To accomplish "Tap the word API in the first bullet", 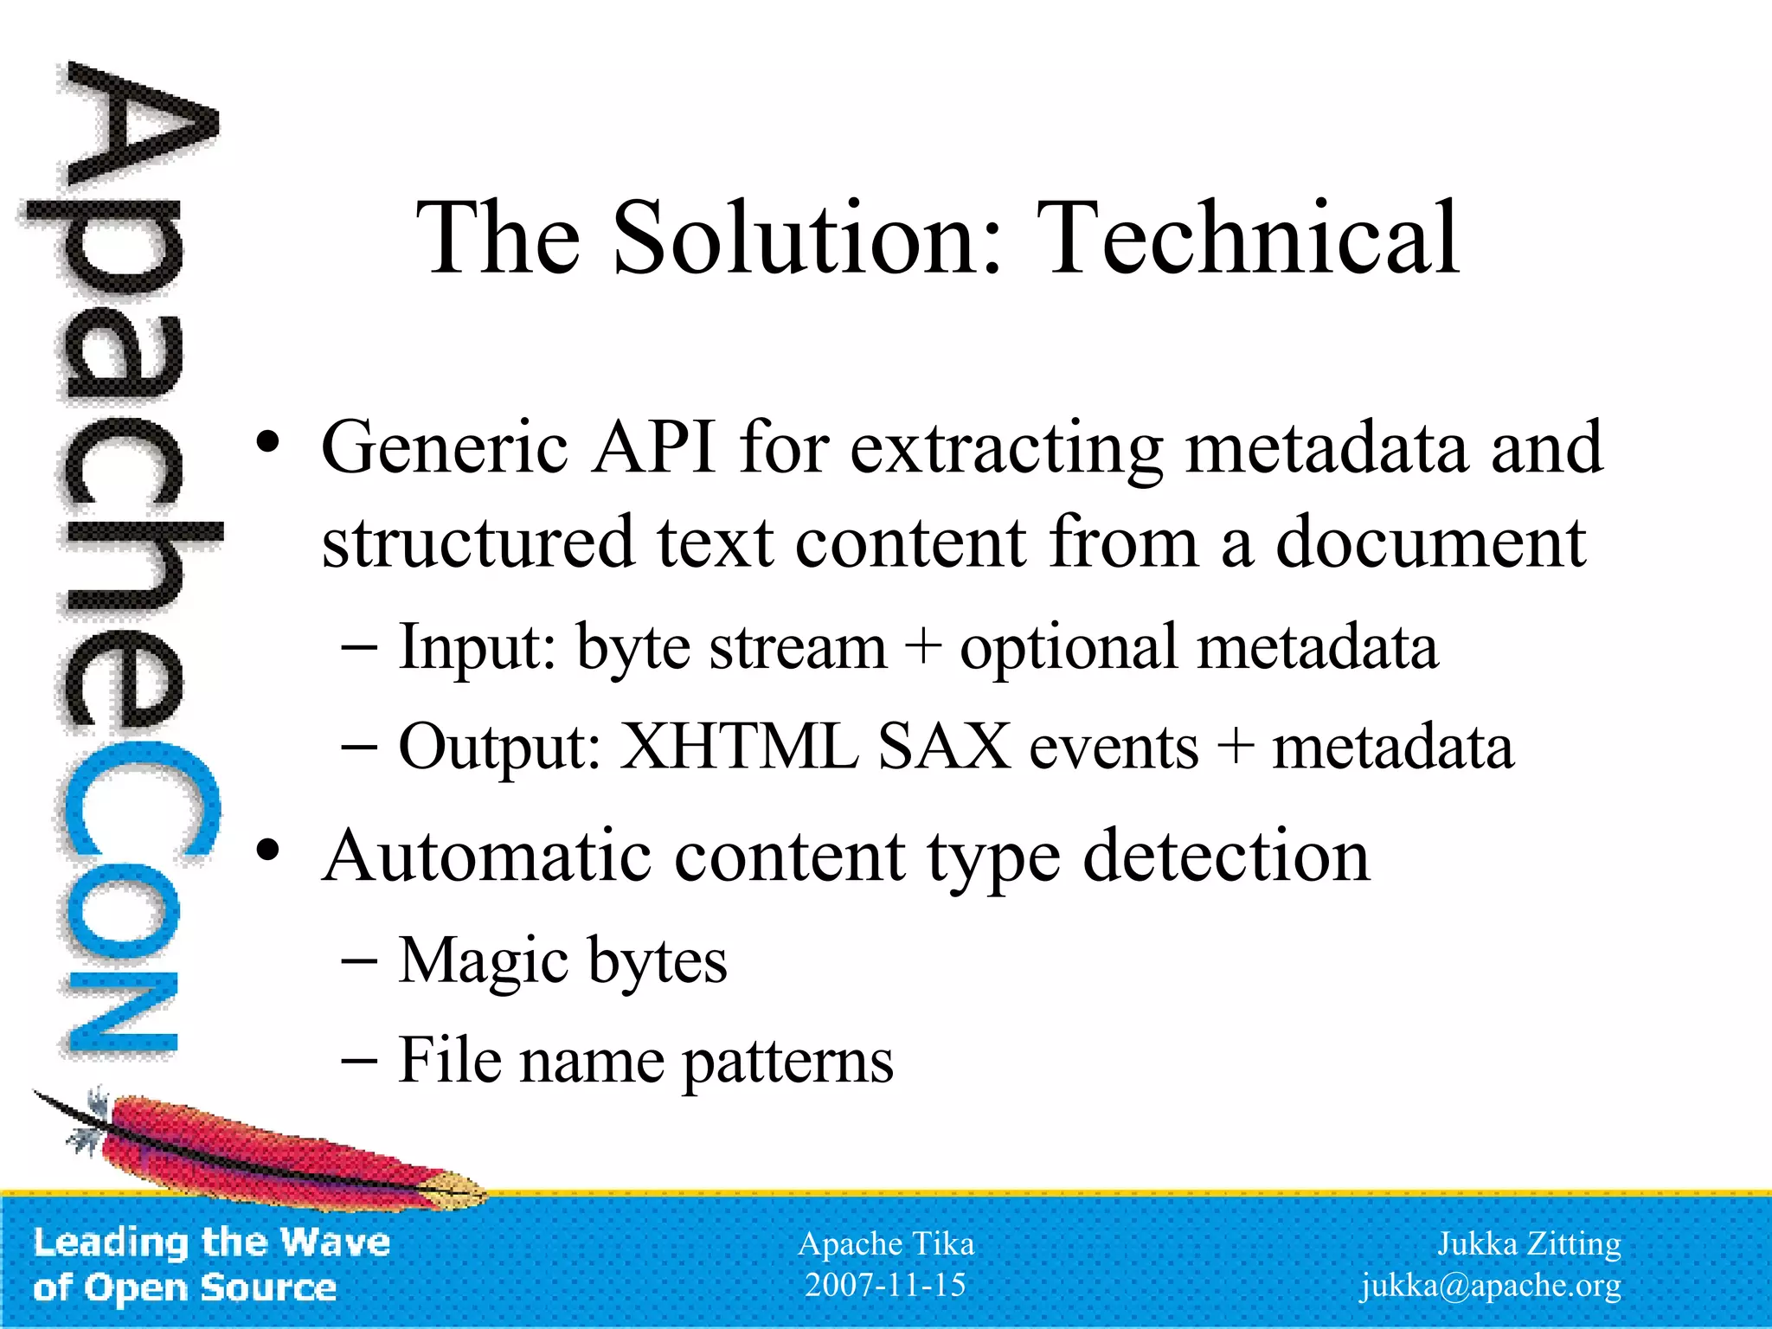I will tap(653, 447).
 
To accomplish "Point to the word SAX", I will tap(943, 747).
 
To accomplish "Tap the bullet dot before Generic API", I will tap(268, 443).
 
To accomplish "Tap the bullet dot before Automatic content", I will tap(268, 851).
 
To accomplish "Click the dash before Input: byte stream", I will tap(359, 648).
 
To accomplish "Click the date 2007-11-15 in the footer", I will tap(885, 1285).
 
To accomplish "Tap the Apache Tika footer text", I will tap(885, 1243).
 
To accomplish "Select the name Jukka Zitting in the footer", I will tap(1529, 1243).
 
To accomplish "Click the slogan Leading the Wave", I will tap(211, 1242).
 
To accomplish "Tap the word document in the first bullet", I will tap(1430, 543).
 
